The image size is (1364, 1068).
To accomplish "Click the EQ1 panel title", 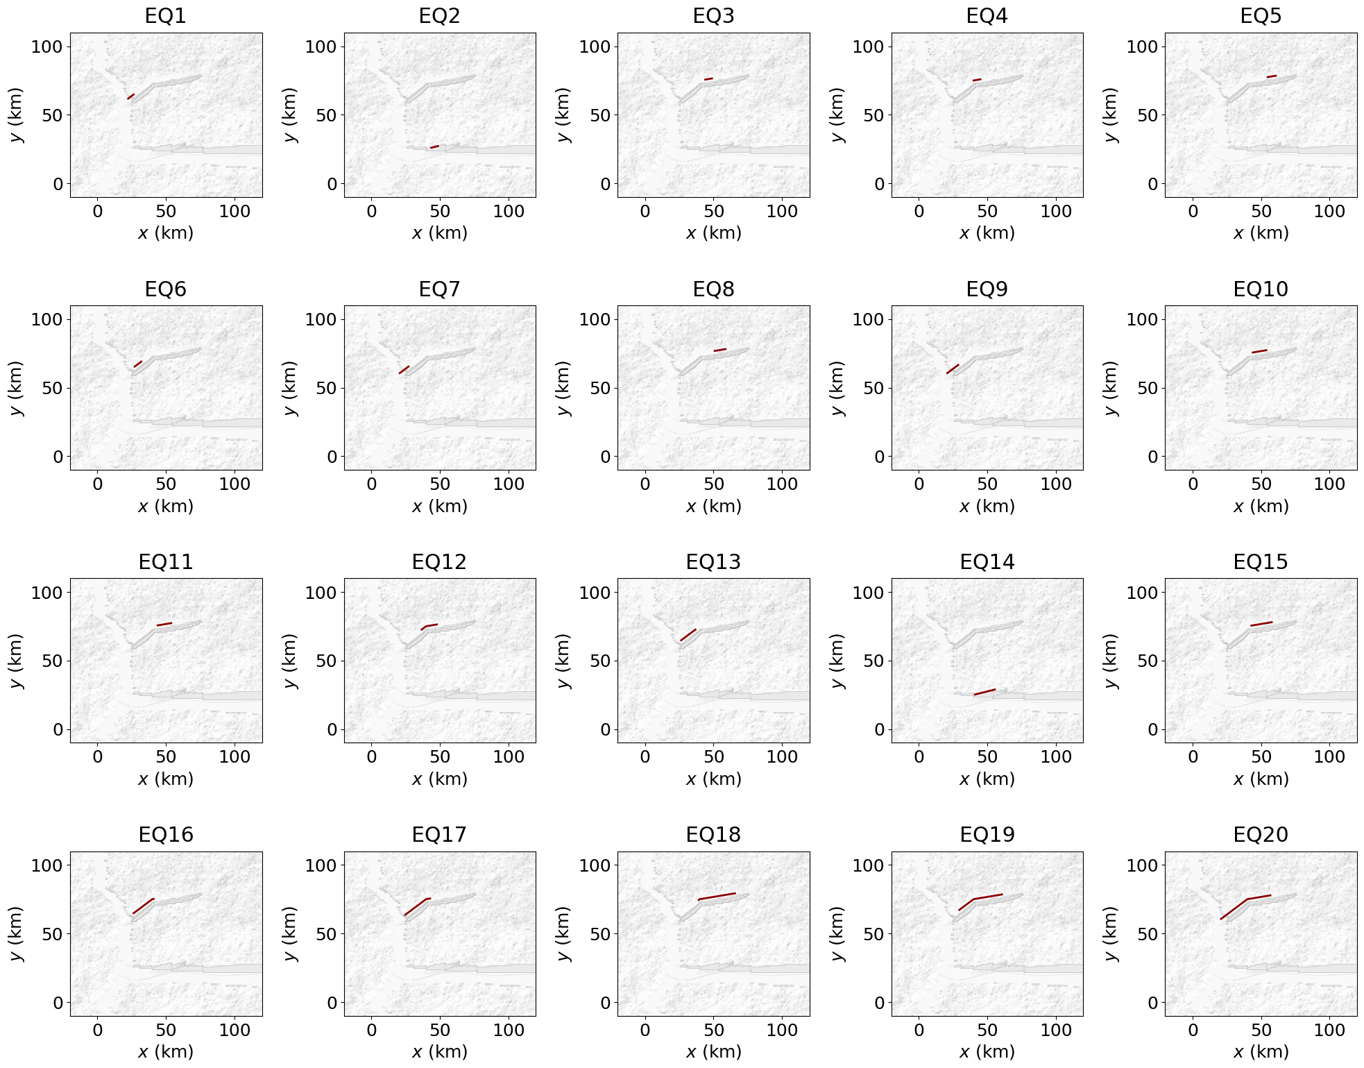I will [x=166, y=16].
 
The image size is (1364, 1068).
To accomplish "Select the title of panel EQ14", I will [x=987, y=561].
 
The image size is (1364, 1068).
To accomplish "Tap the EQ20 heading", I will [x=1260, y=834].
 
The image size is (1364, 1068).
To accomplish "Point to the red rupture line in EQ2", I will [x=434, y=146].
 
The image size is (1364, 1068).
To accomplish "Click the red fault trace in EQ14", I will [x=984, y=692].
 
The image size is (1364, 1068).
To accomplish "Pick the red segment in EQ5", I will [x=1271, y=76].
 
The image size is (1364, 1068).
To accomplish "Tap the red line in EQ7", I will [x=404, y=370].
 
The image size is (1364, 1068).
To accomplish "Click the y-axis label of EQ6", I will [x=16, y=388].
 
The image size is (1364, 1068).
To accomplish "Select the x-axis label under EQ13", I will [x=713, y=779].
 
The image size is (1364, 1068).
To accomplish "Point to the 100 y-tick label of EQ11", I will [x=47, y=593].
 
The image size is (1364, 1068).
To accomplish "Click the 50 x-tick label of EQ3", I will [x=713, y=211].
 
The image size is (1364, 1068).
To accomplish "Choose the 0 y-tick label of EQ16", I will [x=58, y=1002].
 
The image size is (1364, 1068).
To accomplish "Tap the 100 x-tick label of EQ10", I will [x=1329, y=484].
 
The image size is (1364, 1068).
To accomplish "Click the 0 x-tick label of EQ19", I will [x=919, y=1030].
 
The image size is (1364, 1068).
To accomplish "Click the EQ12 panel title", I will [x=439, y=561].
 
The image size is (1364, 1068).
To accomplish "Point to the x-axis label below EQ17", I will [x=439, y=1051].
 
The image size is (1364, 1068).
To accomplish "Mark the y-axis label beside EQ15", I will [x=1111, y=661].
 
